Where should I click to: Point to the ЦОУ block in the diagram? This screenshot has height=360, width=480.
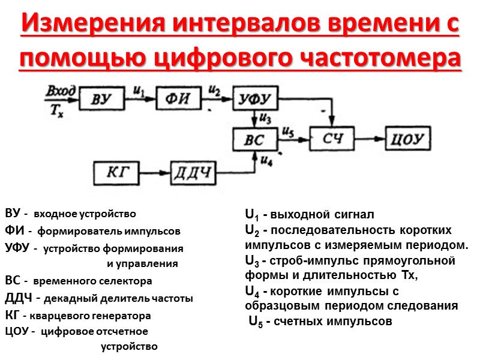[x=409, y=140]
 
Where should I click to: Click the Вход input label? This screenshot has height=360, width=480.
[x=61, y=91]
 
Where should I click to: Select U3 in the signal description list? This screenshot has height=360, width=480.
[x=251, y=261]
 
